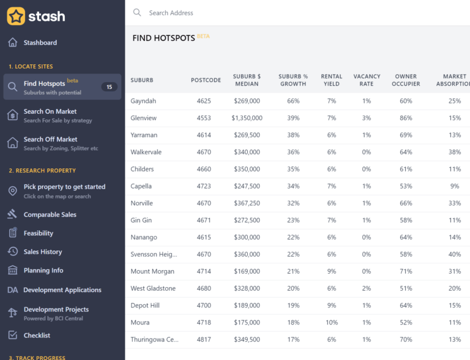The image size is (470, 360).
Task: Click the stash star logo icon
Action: pos(16,16)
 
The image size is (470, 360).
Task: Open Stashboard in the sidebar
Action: pos(40,43)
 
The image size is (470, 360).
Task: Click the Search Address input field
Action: pos(245,13)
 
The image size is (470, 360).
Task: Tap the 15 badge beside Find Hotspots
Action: pos(110,87)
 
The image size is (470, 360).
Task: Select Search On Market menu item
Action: pos(50,111)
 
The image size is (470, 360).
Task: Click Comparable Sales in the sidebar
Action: pos(50,215)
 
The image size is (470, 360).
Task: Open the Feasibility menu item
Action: pos(38,233)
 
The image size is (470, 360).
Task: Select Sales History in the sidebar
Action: pos(42,252)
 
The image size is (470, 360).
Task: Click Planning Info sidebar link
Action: pos(43,271)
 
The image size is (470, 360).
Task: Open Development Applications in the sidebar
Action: pos(62,290)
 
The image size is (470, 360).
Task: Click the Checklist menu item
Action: pos(37,336)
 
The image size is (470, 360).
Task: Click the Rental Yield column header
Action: pos(331,80)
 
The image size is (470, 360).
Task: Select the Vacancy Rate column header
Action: pos(367,80)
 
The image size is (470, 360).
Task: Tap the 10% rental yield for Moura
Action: pos(331,323)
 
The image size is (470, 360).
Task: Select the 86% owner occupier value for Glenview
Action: pos(406,118)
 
